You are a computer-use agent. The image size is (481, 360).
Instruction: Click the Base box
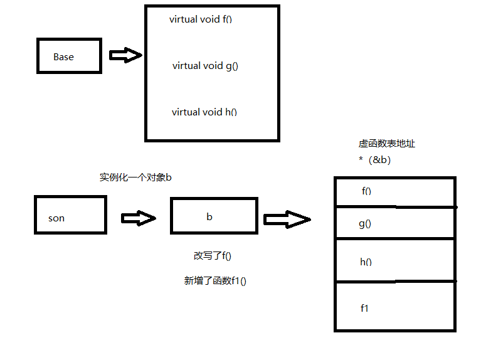[x=69, y=55]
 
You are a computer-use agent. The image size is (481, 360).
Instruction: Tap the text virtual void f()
[x=201, y=19]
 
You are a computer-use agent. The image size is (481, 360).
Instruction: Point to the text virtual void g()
[x=205, y=66]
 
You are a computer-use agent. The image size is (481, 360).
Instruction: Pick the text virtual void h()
[x=204, y=112]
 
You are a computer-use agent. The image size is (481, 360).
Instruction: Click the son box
[x=70, y=215]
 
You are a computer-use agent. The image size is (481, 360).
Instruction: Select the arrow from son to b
[x=138, y=218]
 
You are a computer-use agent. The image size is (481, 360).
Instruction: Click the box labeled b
[x=213, y=216]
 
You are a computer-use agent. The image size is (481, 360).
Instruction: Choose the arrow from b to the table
[x=287, y=219]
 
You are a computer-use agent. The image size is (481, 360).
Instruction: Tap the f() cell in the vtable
[x=395, y=192]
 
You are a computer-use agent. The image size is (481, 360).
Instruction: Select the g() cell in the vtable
[x=395, y=223]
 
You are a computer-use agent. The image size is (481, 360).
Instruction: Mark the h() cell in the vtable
[x=395, y=260]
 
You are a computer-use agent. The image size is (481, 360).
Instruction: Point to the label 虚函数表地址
[x=387, y=144]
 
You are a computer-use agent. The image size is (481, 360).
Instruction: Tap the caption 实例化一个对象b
[x=135, y=177]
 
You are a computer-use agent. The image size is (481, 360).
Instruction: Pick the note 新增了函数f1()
[x=215, y=281]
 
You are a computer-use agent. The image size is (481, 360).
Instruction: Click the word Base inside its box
[x=63, y=57]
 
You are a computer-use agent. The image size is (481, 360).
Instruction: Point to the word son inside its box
[x=56, y=219]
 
